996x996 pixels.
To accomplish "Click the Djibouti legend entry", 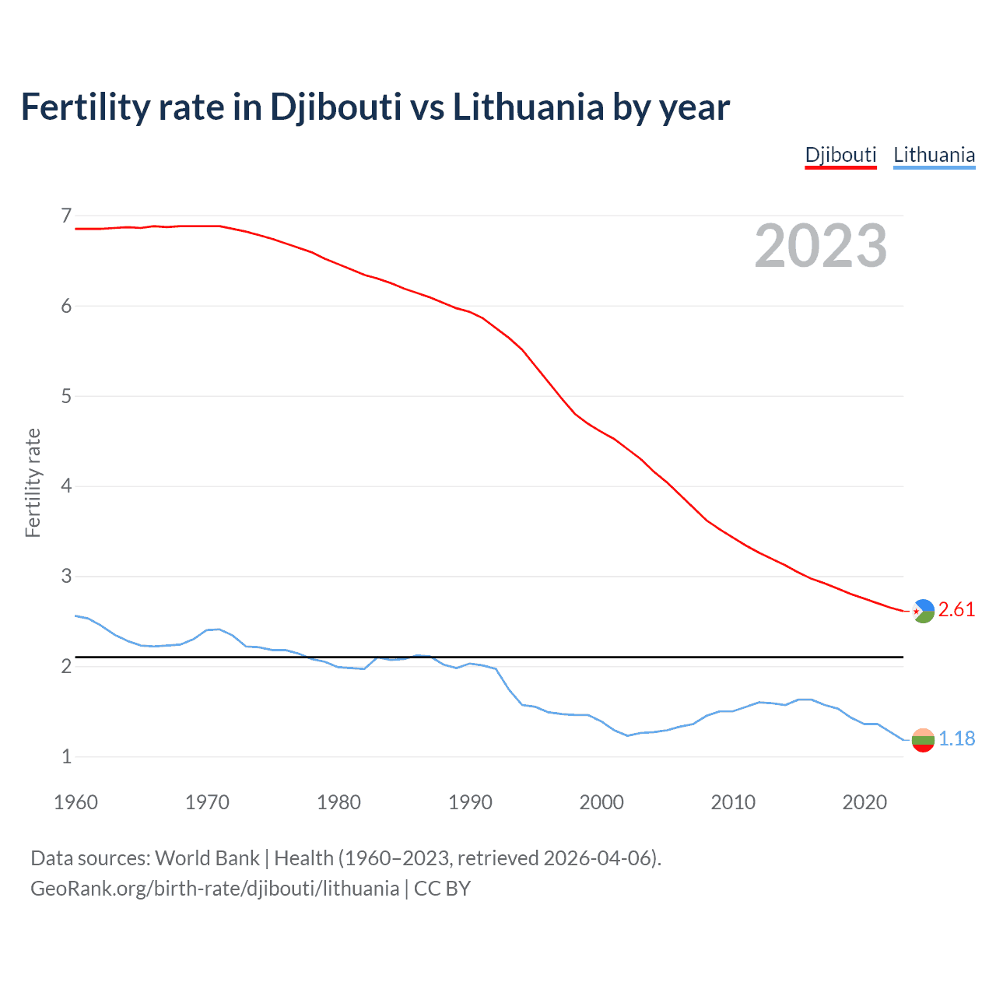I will [x=840, y=155].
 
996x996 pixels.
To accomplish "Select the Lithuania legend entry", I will [x=934, y=155].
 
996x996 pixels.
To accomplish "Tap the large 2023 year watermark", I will [x=821, y=246].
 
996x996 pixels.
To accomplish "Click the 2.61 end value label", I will [x=956, y=609].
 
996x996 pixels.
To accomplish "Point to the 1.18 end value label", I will [x=956, y=738].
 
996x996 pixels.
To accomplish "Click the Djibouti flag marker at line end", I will [x=923, y=612].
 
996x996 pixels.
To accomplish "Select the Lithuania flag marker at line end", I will [x=923, y=740].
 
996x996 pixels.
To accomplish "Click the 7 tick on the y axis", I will [x=66, y=216].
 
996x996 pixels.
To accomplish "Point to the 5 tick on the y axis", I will [x=66, y=396].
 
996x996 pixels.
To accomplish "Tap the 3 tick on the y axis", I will [x=66, y=577].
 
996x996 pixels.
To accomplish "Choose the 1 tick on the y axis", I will [x=66, y=756].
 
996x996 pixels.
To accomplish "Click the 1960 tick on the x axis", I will [x=75, y=802].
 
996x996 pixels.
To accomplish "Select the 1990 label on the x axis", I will [x=470, y=802].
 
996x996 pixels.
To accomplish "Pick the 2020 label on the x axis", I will [x=864, y=802].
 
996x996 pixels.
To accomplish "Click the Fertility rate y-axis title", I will [x=33, y=482].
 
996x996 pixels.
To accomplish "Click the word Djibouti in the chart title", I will [x=335, y=107].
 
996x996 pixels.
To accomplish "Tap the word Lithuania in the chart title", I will [x=528, y=107].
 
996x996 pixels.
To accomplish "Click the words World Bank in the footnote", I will [x=207, y=858].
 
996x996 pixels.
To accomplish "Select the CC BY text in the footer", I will [x=442, y=889].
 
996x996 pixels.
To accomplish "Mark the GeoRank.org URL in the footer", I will [x=215, y=889].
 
